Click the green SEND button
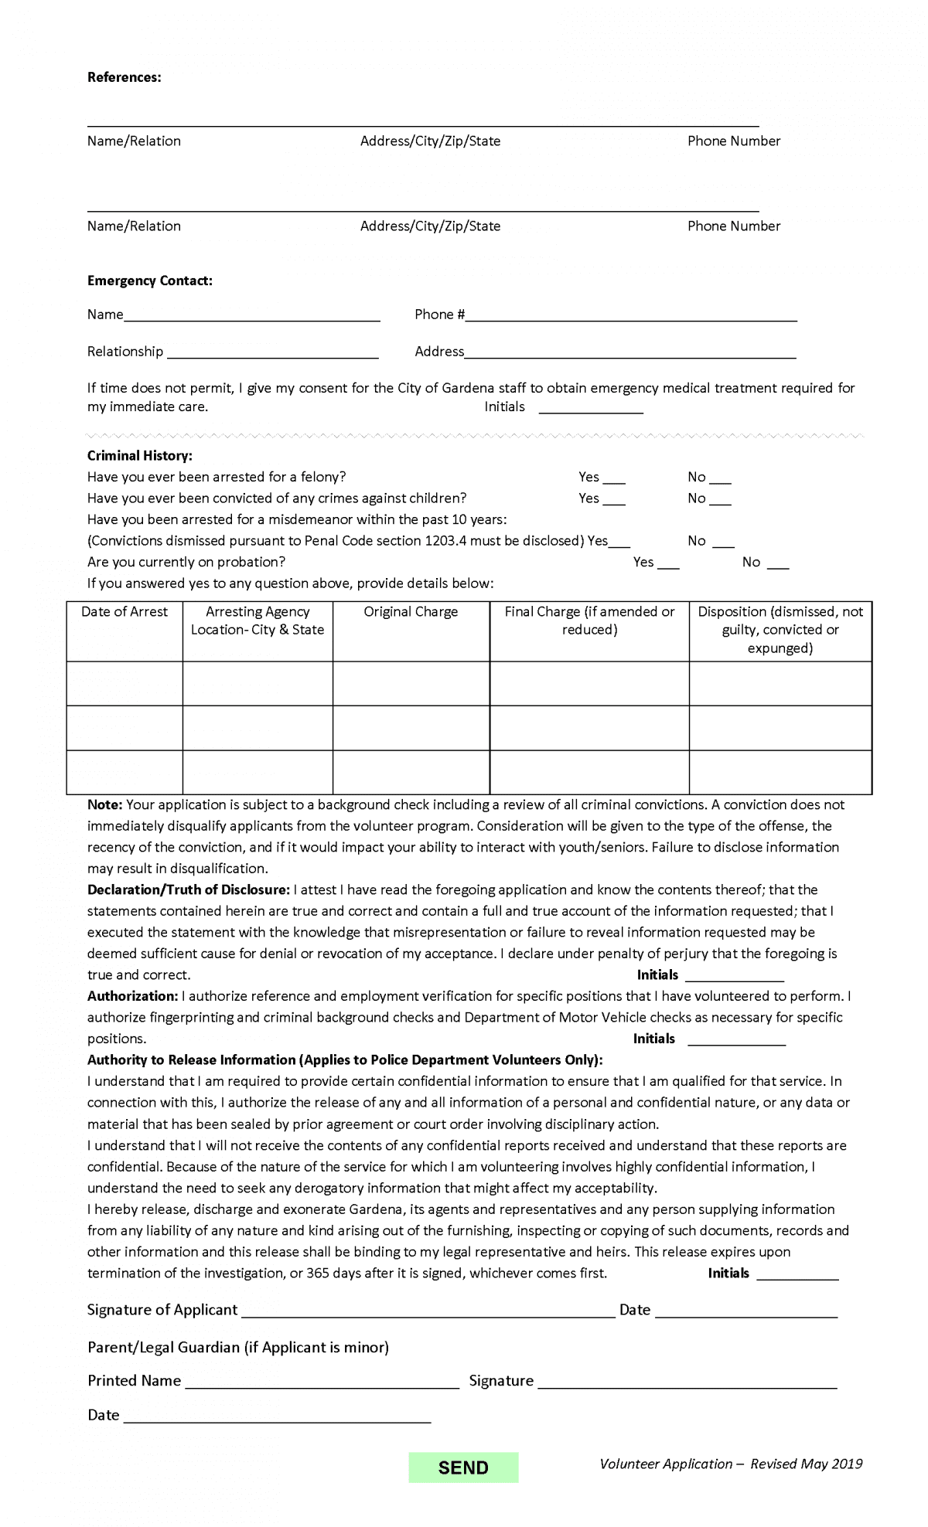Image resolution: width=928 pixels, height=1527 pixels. (463, 1467)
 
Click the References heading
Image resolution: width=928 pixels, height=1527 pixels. (124, 77)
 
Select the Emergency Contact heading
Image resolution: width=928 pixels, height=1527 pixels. (149, 281)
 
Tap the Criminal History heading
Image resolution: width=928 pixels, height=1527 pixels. (139, 456)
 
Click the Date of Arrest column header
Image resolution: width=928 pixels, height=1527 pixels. (125, 612)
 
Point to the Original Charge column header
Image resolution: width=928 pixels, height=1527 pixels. (411, 612)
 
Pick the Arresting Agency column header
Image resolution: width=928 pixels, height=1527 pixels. (258, 621)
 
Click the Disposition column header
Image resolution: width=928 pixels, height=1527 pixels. (780, 629)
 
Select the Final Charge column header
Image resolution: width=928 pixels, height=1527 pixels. (589, 621)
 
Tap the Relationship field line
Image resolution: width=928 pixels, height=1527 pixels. (272, 353)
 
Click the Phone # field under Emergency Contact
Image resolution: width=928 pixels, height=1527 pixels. (630, 315)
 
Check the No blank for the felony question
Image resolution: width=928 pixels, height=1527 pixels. (720, 478)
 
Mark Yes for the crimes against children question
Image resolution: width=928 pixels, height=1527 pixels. (614, 500)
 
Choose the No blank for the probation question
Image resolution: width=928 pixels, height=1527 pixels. (778, 563)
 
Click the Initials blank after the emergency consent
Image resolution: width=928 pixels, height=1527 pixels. (591, 408)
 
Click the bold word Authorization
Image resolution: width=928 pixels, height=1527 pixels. (132, 996)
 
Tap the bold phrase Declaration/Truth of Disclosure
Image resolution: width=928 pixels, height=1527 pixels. (188, 890)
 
